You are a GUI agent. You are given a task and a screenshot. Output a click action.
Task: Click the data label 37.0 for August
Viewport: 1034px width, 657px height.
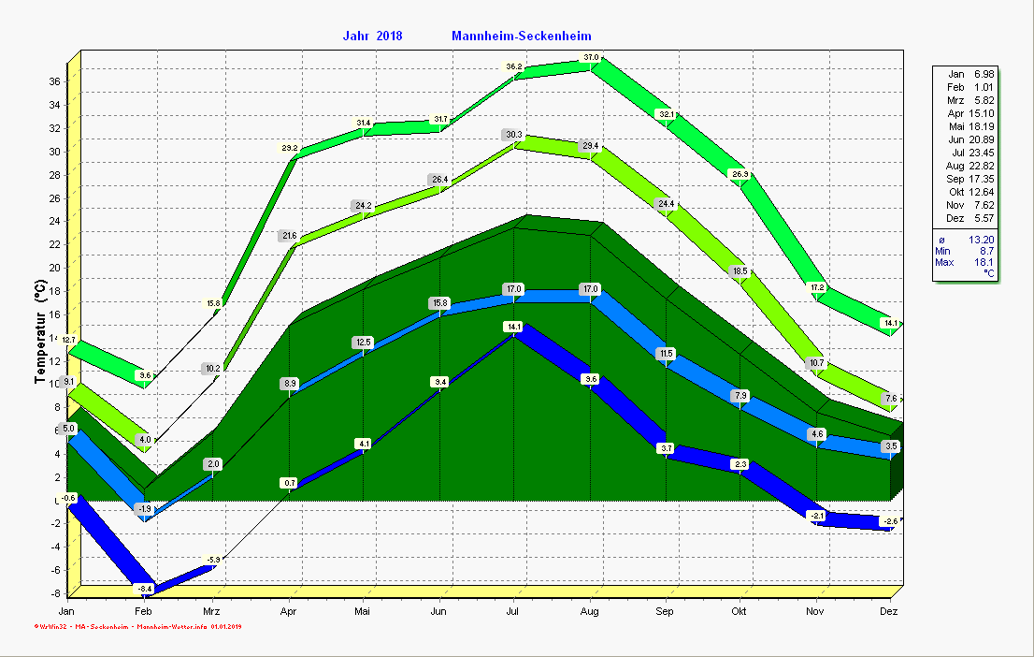(591, 58)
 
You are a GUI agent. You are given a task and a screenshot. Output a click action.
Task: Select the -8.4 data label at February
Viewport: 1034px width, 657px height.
(145, 588)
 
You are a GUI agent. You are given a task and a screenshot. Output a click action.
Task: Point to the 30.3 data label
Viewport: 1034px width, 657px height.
(513, 135)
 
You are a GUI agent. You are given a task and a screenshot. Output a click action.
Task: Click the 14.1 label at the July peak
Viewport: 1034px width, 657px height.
(513, 327)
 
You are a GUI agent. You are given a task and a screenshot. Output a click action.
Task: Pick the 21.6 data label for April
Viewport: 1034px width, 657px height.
(289, 236)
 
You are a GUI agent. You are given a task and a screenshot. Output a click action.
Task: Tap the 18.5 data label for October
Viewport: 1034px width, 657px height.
(740, 271)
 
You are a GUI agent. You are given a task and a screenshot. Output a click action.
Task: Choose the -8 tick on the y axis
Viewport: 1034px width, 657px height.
(57, 592)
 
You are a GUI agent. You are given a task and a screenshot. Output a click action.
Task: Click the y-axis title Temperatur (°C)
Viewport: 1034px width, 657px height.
(40, 332)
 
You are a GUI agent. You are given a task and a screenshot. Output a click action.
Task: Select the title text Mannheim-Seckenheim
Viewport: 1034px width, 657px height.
(521, 36)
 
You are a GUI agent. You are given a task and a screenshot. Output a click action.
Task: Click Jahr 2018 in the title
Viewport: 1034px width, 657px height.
(373, 36)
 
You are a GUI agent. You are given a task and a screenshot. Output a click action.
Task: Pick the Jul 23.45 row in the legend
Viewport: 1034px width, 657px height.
(970, 153)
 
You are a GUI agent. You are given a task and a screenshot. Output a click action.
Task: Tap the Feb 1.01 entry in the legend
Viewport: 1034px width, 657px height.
(970, 87)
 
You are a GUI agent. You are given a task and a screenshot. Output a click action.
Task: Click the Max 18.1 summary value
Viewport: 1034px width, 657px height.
(966, 262)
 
